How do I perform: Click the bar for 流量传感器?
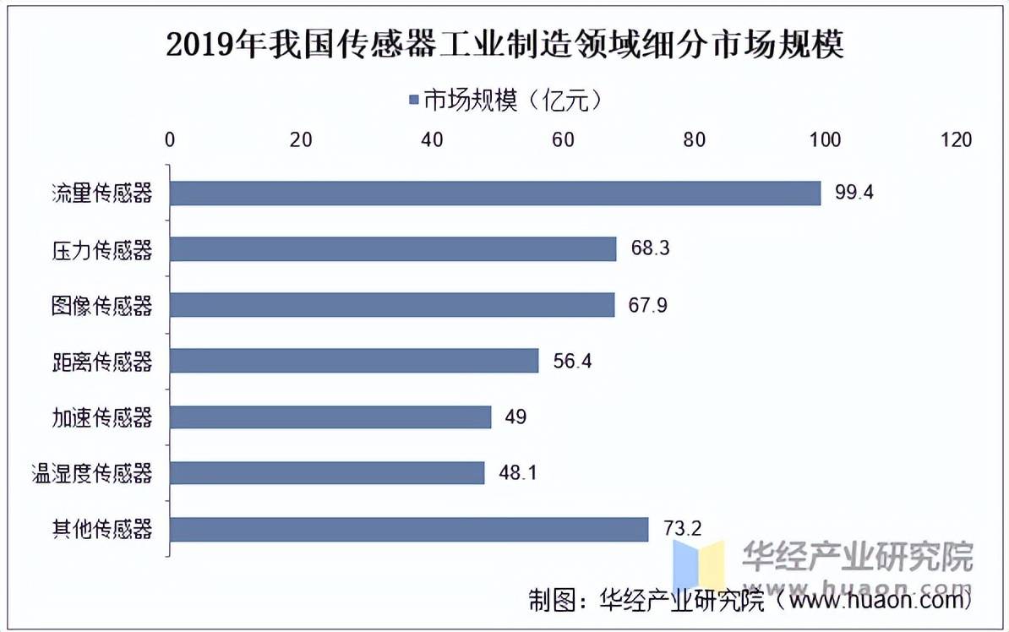click(495, 193)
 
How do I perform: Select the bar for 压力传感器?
click(393, 249)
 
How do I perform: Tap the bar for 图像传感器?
click(392, 305)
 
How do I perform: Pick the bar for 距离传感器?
click(354, 361)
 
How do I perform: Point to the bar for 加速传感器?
click(330, 417)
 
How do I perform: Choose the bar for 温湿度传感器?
click(327, 472)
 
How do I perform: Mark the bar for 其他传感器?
click(409, 529)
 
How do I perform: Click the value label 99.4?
click(854, 193)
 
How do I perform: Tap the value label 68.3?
click(649, 249)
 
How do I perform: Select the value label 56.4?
click(571, 361)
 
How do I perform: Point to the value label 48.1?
click(517, 472)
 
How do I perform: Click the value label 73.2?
click(682, 529)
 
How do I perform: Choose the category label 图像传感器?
click(101, 305)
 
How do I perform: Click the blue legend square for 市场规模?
click(414, 101)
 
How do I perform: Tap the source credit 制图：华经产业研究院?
click(646, 601)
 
